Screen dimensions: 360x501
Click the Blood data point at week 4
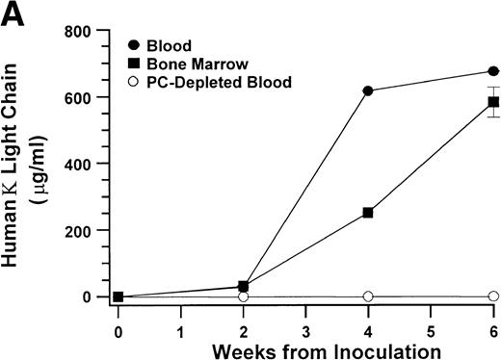[x=368, y=90]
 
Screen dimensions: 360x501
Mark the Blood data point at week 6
[x=493, y=71]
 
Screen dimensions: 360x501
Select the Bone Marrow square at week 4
[x=368, y=212]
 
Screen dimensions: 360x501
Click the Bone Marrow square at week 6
[x=493, y=102]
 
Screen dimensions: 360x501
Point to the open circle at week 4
[x=368, y=296]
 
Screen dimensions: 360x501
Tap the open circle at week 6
[x=493, y=296]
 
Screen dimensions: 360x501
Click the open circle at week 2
[x=243, y=296]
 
